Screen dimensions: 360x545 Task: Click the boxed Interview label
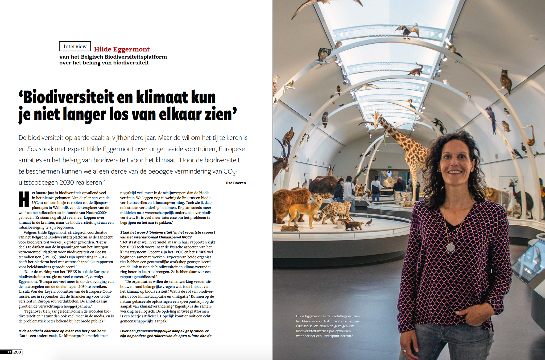[x=75, y=46]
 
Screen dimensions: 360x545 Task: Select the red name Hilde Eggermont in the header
[x=122, y=49]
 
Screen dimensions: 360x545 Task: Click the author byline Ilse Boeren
[x=236, y=183]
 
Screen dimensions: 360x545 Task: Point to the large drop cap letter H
[x=24, y=199]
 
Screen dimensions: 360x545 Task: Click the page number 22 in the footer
[x=9, y=352]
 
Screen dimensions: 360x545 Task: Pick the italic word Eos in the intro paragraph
[x=32, y=149]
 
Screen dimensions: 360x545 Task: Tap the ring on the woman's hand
[x=404, y=351]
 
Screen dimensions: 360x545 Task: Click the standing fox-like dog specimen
[x=309, y=208]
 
